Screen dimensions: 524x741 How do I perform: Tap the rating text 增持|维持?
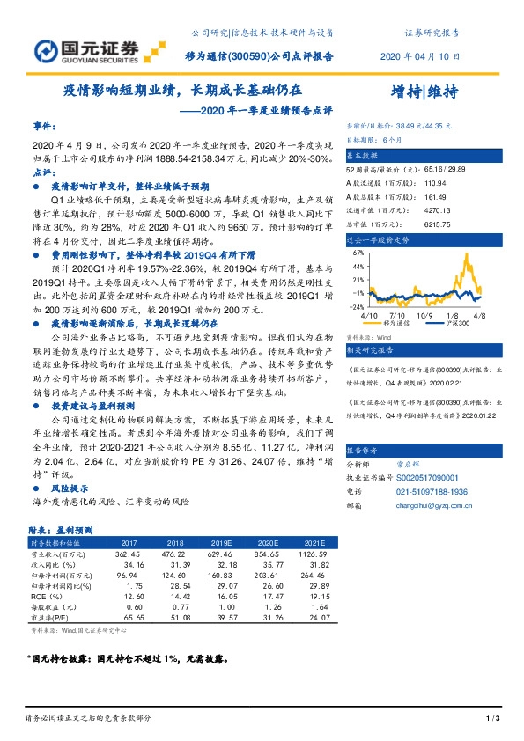[429, 94]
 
